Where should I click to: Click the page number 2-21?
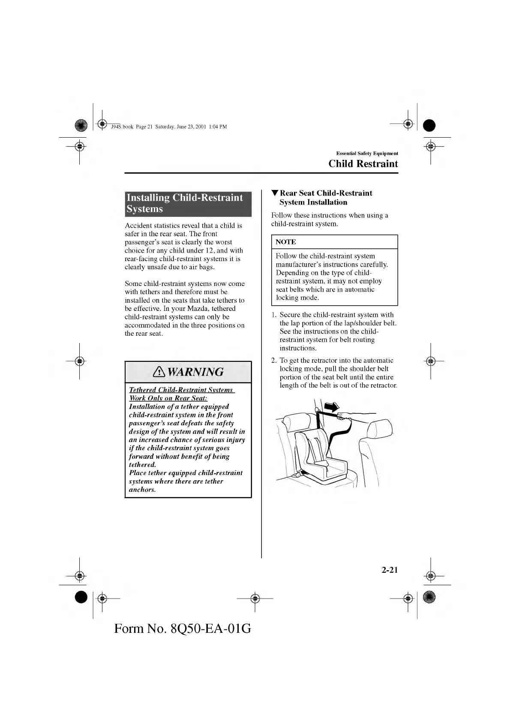point(390,570)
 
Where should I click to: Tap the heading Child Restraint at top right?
point(363,164)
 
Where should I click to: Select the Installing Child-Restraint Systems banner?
point(188,203)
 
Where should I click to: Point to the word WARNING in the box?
point(195,372)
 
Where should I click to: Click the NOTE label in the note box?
point(286,242)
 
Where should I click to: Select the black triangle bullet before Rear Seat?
point(275,193)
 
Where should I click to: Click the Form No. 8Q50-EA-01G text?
point(183,629)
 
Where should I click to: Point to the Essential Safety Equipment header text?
point(367,153)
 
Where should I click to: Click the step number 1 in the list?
point(273,315)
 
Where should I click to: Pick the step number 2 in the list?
point(273,361)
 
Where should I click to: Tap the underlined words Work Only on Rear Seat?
point(168,398)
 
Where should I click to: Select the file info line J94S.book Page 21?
point(169,127)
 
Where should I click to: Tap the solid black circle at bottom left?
point(81,597)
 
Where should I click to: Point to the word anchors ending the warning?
point(142,490)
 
